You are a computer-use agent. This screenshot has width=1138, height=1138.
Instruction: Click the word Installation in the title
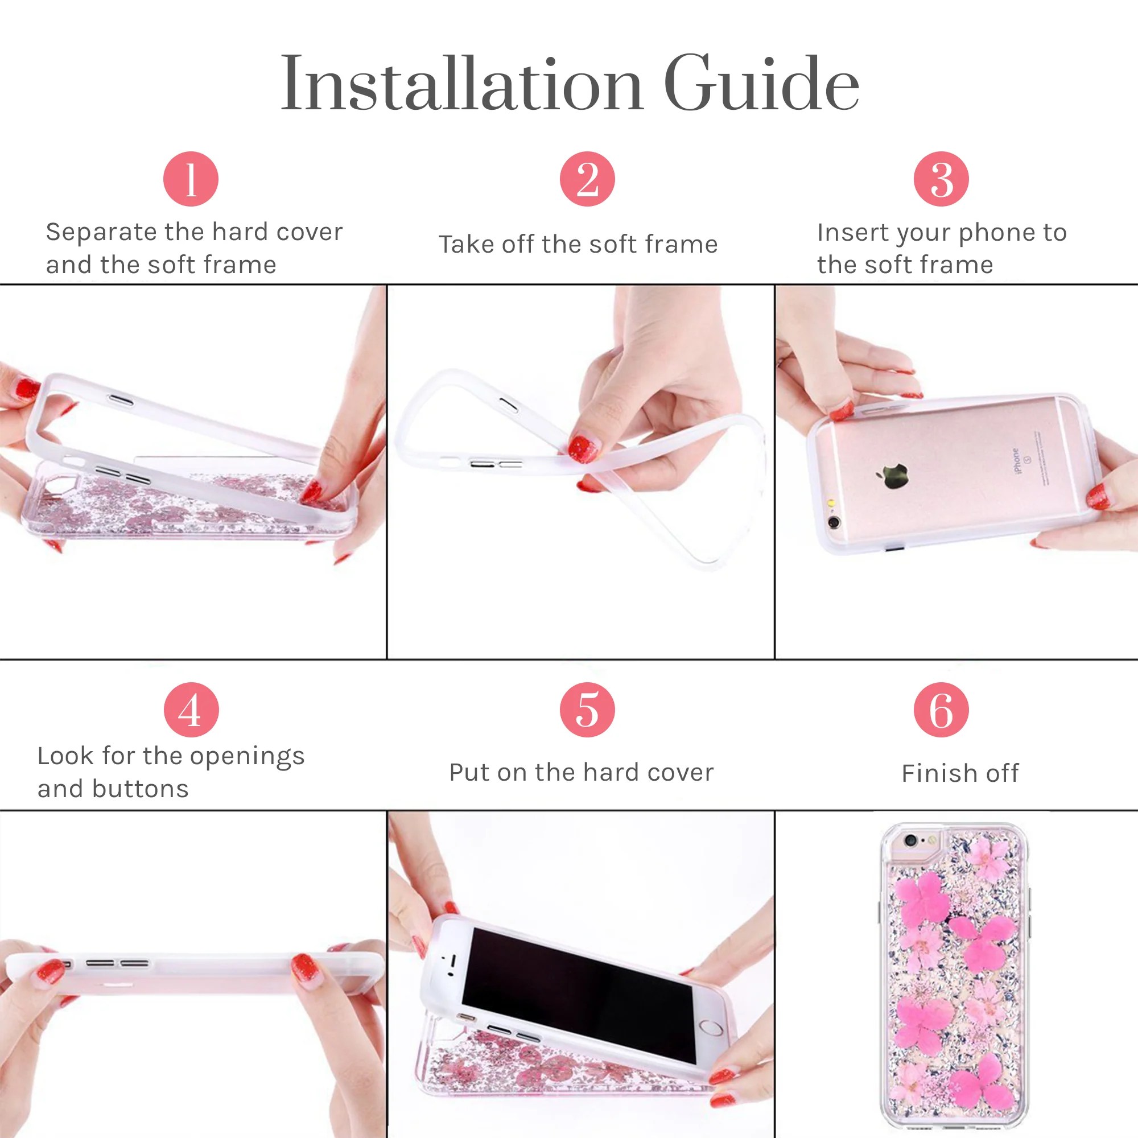click(461, 84)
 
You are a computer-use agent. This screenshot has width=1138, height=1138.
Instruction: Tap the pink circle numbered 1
click(191, 179)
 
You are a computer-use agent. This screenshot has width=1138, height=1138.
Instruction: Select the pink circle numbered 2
click(587, 179)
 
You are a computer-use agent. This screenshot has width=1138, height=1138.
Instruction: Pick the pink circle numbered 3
click(941, 179)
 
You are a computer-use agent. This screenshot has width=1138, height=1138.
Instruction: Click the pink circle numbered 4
click(191, 710)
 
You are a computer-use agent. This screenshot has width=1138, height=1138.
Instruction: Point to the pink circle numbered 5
click(587, 710)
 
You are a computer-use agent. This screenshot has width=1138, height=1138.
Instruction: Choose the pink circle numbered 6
click(941, 710)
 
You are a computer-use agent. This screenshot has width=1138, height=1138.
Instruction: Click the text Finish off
click(959, 773)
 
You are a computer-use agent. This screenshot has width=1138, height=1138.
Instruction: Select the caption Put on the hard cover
click(581, 772)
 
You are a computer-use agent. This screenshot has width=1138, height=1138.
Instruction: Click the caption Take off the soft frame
click(578, 245)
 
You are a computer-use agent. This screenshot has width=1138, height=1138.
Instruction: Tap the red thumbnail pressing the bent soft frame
click(583, 449)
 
